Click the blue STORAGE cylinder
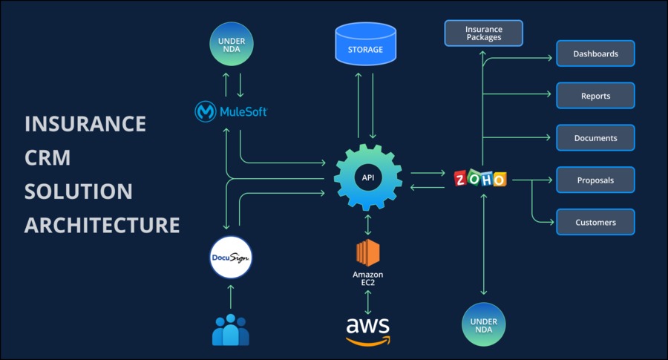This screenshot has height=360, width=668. [365, 44]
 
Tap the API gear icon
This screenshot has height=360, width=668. [367, 177]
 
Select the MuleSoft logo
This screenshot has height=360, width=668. [231, 111]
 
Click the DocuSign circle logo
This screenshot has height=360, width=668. [231, 258]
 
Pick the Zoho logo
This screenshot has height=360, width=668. [480, 178]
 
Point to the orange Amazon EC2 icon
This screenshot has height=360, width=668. [367, 252]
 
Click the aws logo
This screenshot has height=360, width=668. [367, 331]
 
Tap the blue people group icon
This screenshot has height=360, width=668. [231, 330]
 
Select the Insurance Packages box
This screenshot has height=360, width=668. [483, 33]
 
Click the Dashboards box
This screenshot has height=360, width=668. [595, 53]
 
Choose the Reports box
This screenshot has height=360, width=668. [595, 96]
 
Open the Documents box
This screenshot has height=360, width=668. [595, 138]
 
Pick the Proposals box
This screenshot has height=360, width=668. [595, 180]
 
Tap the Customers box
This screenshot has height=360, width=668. [595, 223]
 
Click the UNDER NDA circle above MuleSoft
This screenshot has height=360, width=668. [232, 45]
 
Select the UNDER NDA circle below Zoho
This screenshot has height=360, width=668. [483, 324]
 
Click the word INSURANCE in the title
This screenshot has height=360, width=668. [85, 124]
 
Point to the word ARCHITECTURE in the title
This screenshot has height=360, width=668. [102, 225]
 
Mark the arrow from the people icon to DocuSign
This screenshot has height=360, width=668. [231, 296]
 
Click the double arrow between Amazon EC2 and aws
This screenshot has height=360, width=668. [367, 302]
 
